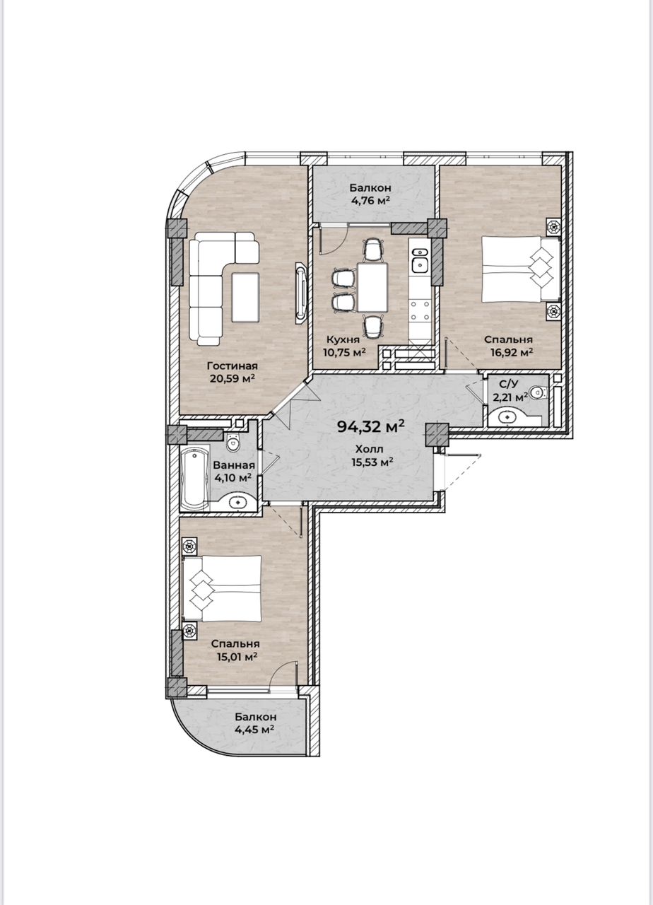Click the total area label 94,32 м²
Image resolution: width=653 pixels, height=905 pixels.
coord(371,426)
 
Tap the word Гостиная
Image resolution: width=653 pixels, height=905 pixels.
coord(233,366)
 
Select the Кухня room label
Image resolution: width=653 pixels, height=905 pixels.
coord(343,339)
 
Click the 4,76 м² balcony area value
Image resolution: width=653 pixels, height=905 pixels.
coord(370,199)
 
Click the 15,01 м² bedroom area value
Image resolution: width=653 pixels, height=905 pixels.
coord(237,657)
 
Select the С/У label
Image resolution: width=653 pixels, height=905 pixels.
coord(508,383)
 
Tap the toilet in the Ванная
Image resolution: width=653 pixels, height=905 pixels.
coord(233,443)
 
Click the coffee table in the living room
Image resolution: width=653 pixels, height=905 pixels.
coord(245,297)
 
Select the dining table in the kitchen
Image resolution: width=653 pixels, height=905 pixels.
coord(372,287)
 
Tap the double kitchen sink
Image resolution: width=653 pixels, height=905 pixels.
coord(420,260)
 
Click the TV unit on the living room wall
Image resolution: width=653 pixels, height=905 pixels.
coord(302,293)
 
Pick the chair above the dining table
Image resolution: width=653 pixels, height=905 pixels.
coord(372,250)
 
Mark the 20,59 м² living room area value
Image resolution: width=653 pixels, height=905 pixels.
coord(233,378)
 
